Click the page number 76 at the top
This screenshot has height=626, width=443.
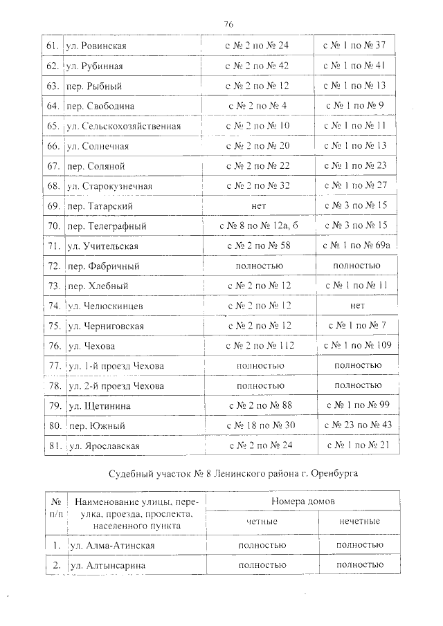228,24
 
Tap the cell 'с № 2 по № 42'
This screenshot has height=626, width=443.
258,66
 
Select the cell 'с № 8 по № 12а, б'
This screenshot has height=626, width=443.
258,226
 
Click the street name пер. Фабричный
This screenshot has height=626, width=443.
104,266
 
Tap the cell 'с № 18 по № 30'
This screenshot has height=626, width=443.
258,425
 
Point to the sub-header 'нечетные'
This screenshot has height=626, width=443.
359,522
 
